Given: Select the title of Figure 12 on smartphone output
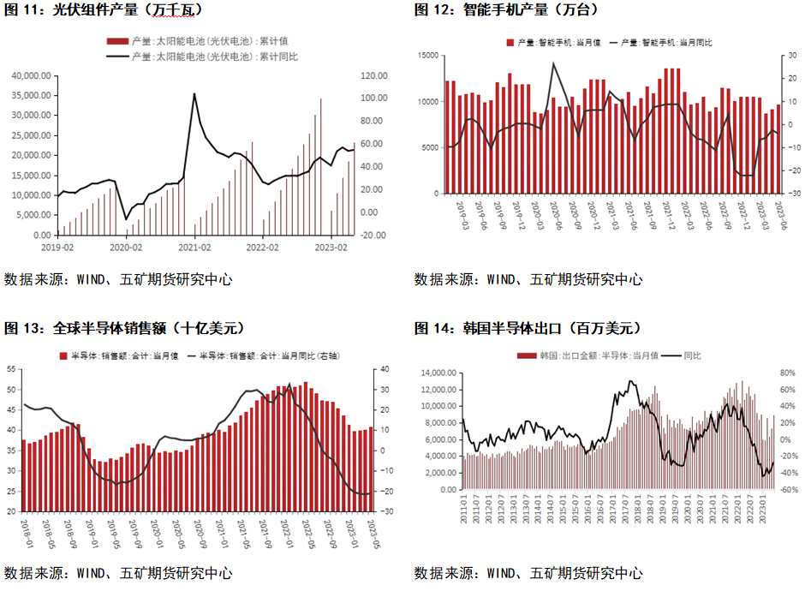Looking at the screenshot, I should click(x=506, y=10).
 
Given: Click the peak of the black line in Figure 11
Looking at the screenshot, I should click(x=194, y=93).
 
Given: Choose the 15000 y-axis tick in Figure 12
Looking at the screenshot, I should click(x=427, y=56).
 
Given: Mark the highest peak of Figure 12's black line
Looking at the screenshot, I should click(x=553, y=63).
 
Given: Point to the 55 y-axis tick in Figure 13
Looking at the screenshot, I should click(x=11, y=369).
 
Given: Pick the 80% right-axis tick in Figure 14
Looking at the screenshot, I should click(x=787, y=373).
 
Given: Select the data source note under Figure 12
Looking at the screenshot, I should click(x=528, y=279).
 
